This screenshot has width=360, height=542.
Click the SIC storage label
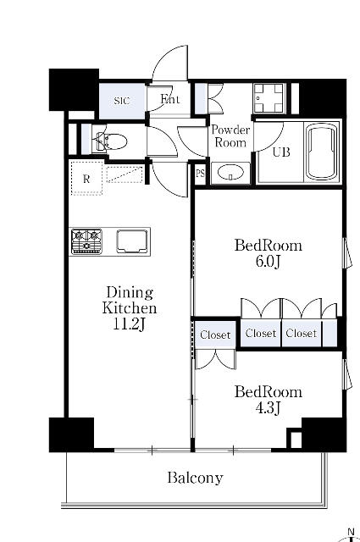tap(122, 101)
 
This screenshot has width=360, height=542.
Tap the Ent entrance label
tap(169, 100)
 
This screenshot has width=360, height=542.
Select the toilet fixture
tap(111, 141)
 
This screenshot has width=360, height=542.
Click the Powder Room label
tap(230, 135)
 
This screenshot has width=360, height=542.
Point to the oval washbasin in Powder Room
tap(230, 172)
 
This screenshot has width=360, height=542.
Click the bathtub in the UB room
tap(322, 152)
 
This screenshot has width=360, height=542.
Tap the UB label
tap(281, 152)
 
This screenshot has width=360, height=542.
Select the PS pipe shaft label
tap(200, 173)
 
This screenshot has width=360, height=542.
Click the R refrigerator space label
tap(86, 179)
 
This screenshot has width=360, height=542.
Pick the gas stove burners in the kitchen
tap(86, 241)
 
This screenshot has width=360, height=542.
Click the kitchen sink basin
tap(132, 241)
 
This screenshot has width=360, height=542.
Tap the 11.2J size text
tap(129, 324)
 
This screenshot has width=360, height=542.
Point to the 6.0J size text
tap(268, 262)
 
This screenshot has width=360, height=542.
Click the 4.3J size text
tap(268, 408)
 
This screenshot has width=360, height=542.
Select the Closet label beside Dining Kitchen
tap(215, 335)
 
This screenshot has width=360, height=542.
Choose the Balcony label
tap(196, 478)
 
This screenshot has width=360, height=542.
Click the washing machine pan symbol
tap(269, 98)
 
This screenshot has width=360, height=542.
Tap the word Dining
tap(130, 293)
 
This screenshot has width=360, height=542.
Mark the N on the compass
tap(351, 532)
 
